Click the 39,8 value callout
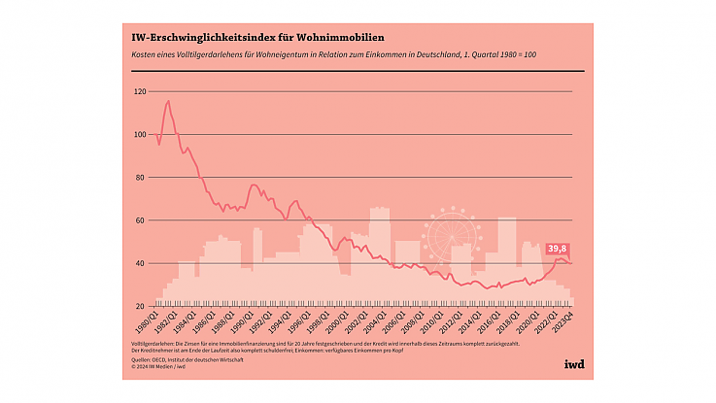click(558, 249)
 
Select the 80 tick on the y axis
click(141, 178)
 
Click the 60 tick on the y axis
click(141, 220)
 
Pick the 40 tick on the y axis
click(141, 263)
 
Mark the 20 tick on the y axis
click(141, 306)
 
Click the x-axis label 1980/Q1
click(145, 323)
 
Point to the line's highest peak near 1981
click(168, 101)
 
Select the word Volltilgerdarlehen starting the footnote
click(153, 344)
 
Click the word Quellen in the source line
click(143, 359)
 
